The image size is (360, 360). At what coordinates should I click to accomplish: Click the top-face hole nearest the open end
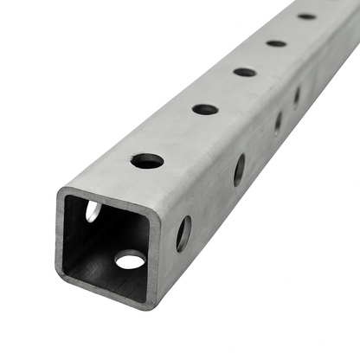[147, 161]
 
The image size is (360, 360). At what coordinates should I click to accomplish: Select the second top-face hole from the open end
[205, 110]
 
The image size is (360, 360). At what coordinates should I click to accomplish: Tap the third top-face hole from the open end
[245, 72]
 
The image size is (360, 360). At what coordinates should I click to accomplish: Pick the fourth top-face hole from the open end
[276, 42]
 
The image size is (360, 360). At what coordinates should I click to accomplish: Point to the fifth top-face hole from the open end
[306, 16]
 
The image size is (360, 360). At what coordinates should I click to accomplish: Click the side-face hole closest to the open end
[183, 234]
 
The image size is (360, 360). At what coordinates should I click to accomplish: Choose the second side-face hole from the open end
[239, 170]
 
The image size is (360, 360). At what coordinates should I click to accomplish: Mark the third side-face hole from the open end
[278, 123]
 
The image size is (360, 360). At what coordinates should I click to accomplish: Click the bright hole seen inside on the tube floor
[131, 259]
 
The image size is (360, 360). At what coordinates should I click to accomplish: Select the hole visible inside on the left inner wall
[93, 211]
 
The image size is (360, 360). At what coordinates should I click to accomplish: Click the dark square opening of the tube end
[108, 247]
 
